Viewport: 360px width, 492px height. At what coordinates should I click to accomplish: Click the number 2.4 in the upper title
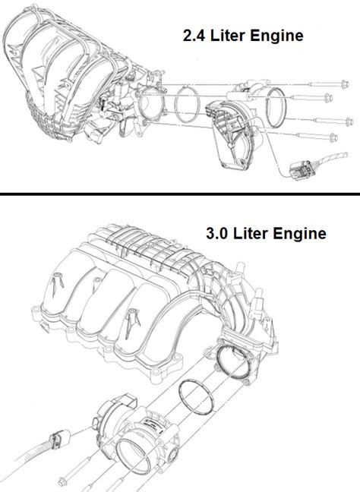193,35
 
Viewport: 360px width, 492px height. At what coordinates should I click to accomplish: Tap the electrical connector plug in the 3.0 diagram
58,440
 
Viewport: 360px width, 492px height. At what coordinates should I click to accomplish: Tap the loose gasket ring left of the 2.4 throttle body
183,102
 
